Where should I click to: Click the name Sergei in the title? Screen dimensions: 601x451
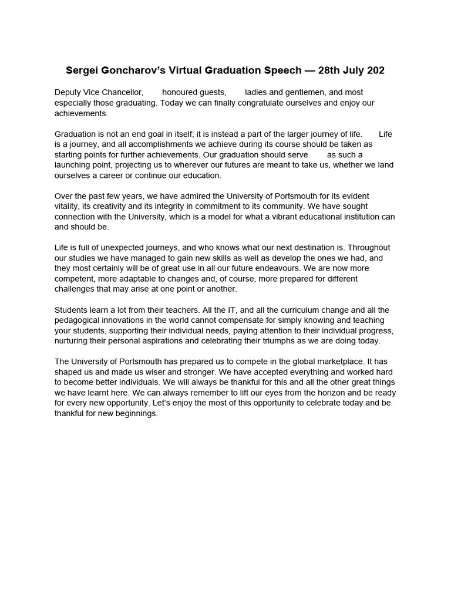pyautogui.click(x=81, y=70)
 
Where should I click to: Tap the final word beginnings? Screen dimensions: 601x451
pyautogui.click(x=136, y=413)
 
